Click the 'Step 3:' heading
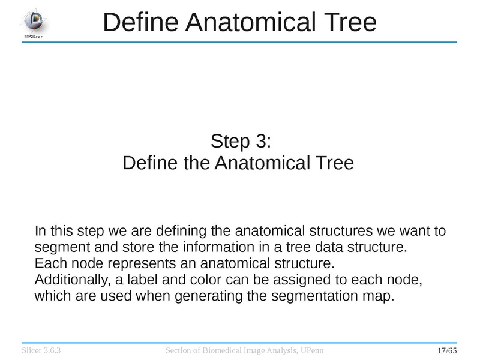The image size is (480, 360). [x=241, y=142]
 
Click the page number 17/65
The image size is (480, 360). [x=447, y=350]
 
